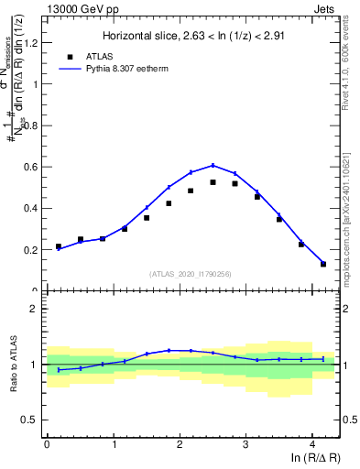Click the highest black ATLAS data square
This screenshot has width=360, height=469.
[x=213, y=182]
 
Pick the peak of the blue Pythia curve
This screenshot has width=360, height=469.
[x=213, y=166]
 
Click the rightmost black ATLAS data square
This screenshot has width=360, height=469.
[x=323, y=264]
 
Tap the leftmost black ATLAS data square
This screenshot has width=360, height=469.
[x=59, y=246]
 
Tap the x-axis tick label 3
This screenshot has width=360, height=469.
[x=245, y=443]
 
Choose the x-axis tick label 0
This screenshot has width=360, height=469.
[x=47, y=443]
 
